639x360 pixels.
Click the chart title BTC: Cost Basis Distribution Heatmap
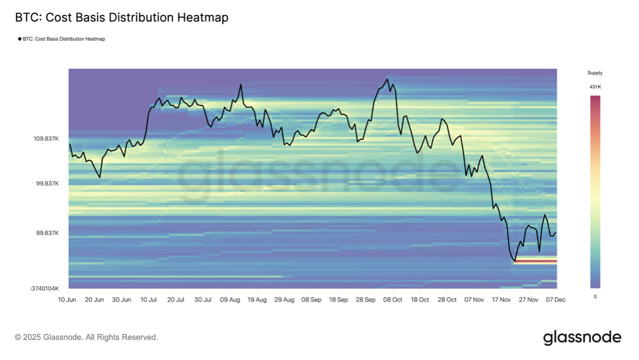pos(121,18)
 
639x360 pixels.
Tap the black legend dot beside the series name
pos(20,39)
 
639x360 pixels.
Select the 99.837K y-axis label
pos(47,183)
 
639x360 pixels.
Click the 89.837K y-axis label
pos(47,233)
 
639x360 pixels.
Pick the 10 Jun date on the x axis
pos(68,299)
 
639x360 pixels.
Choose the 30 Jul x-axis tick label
pos(203,299)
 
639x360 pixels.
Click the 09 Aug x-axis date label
pos(230,299)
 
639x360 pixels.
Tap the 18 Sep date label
pos(339,299)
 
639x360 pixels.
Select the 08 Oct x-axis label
pos(393,299)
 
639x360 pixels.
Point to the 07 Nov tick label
pos(474,299)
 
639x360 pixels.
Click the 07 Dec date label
pos(555,299)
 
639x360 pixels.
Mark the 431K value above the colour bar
pos(595,87)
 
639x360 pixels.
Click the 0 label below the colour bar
pos(595,296)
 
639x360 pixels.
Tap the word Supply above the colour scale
pos(595,73)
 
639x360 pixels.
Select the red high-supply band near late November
pos(535,261)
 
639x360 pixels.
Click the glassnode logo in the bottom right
pos(582,337)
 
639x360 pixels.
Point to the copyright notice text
pos(86,337)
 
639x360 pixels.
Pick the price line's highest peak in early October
pos(388,79)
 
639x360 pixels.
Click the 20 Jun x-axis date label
pos(95,299)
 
